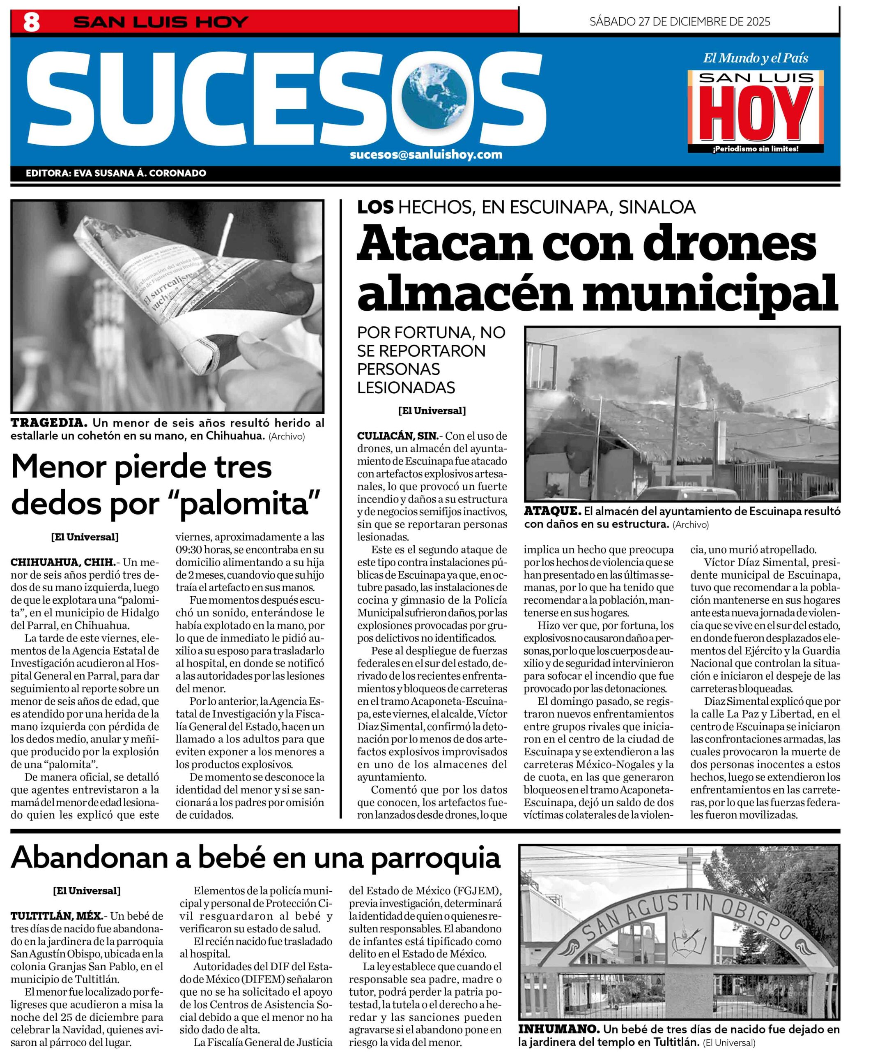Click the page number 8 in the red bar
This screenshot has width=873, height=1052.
tap(31, 23)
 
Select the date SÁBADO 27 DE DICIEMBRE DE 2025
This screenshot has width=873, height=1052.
tap(679, 21)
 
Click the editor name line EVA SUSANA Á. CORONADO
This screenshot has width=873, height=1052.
tap(116, 173)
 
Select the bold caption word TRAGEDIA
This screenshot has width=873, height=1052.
tap(49, 423)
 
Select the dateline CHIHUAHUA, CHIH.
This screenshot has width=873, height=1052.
tap(64, 562)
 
